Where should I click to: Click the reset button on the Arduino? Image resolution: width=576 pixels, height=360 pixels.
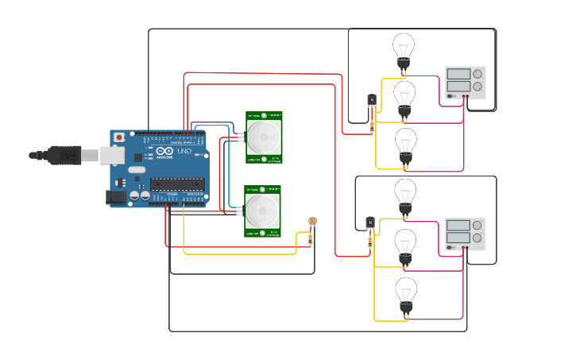coord(119,137)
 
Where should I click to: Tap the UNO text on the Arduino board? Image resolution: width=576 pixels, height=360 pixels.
coord(183,151)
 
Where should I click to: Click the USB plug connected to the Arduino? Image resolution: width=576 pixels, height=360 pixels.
coord(68,155)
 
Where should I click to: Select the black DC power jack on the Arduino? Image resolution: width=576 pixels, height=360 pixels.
coord(117,197)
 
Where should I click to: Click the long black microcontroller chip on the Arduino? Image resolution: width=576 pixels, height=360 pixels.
coord(176,184)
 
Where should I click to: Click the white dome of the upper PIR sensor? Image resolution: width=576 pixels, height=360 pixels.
coord(262,137)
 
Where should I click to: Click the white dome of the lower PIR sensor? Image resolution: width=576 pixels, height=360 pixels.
coord(261,211)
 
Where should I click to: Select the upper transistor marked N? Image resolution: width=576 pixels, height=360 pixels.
coord(372,100)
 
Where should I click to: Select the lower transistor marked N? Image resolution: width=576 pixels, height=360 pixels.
coord(370,223)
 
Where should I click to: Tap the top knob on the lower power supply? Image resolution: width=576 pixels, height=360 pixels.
coord(477,225)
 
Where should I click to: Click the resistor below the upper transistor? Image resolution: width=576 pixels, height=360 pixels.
coord(372,124)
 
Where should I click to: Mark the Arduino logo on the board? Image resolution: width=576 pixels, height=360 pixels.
coord(164,151)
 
